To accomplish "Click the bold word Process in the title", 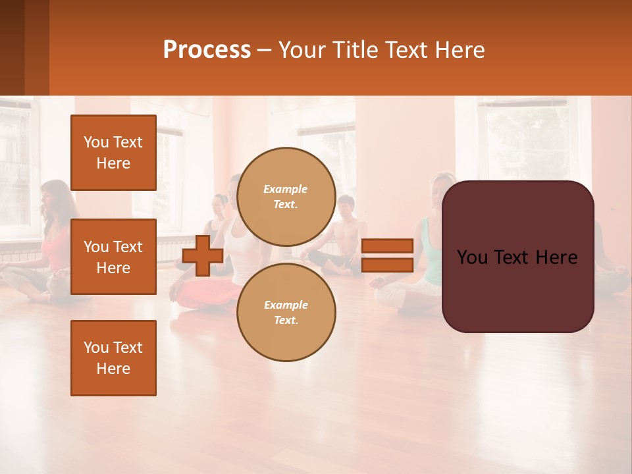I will point(207,50).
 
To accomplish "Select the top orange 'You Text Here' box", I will point(113,153).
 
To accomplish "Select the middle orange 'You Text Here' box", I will point(113,257).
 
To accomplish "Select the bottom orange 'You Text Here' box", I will point(113,358).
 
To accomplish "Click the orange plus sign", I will point(203,256).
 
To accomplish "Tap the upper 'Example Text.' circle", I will point(286,197).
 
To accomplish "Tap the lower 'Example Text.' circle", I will point(286,313).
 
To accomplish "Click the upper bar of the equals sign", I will point(387,246).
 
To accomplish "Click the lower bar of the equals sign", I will point(387,265).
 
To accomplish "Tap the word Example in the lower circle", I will point(286,305).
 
